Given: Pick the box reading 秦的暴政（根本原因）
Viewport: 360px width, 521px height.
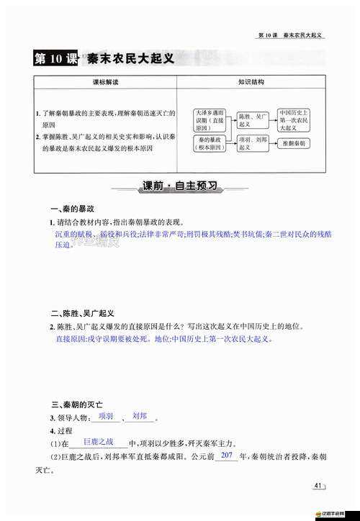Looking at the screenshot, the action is tap(210, 144).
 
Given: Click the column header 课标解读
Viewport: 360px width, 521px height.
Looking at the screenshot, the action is tap(104, 81).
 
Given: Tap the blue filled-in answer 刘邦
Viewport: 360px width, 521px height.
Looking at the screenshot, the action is tap(140, 416).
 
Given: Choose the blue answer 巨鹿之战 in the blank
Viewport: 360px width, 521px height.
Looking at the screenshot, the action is tap(99, 441).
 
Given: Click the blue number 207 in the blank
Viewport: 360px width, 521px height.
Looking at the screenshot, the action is tap(226, 456).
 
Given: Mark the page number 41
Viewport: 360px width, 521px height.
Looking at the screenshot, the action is tap(318, 486).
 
